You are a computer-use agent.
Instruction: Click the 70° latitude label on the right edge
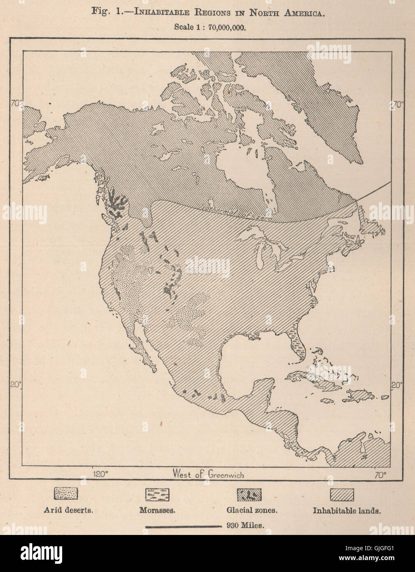tap(397, 105)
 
